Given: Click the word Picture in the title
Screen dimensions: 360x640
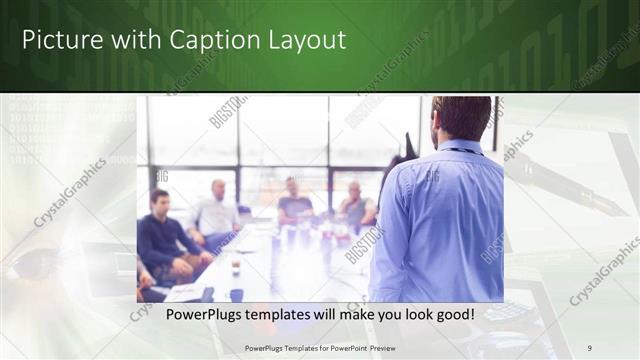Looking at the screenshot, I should pyautogui.click(x=58, y=40).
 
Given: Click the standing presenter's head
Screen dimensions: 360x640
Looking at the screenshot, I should pyautogui.click(x=461, y=118).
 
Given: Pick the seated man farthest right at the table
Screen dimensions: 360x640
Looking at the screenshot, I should pyautogui.click(x=355, y=205).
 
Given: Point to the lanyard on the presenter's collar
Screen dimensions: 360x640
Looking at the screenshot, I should pyautogui.click(x=460, y=151).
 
